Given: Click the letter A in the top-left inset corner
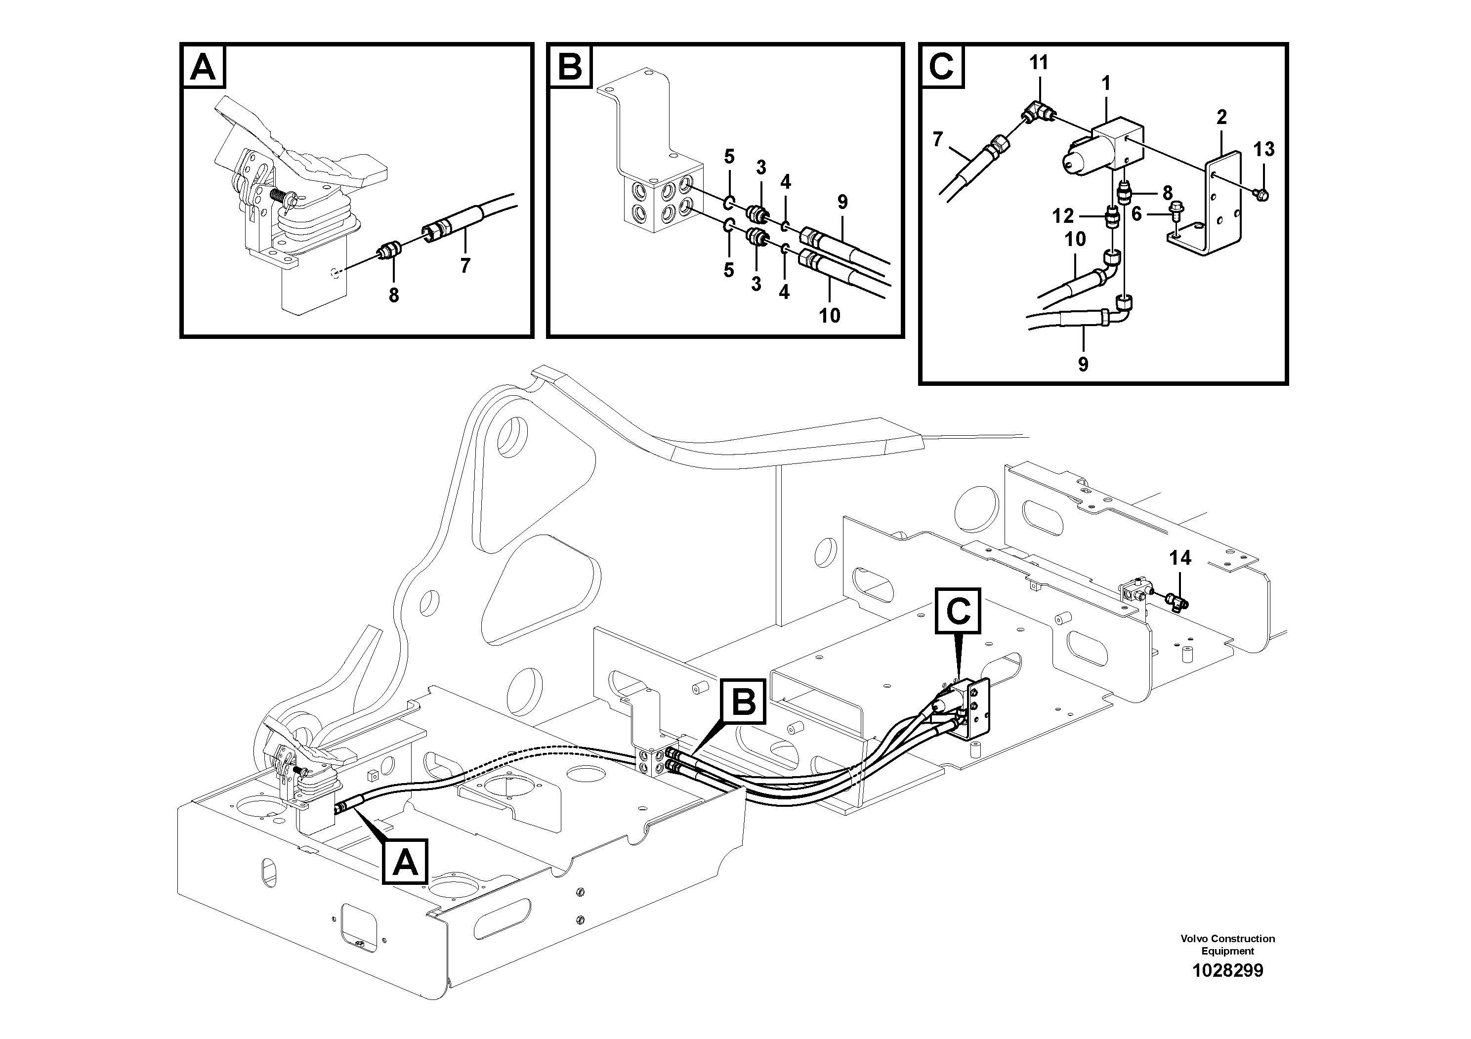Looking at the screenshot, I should pyautogui.click(x=204, y=67).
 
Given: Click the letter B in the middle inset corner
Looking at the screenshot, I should pyautogui.click(x=570, y=67).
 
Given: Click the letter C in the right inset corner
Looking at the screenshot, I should pyautogui.click(x=942, y=67).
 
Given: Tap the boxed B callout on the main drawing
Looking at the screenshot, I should pyautogui.click(x=743, y=703).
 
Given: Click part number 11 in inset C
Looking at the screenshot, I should pyautogui.click(x=1039, y=63).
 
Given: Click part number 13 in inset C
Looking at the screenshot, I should pyautogui.click(x=1263, y=149).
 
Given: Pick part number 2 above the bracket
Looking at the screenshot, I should pyautogui.click(x=1221, y=117).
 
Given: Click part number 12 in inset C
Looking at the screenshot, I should pyautogui.click(x=1062, y=216).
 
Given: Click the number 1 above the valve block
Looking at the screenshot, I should pyautogui.click(x=1106, y=83).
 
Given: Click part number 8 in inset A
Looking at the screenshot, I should pyautogui.click(x=393, y=295).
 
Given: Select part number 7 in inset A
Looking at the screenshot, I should pyautogui.click(x=465, y=265).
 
